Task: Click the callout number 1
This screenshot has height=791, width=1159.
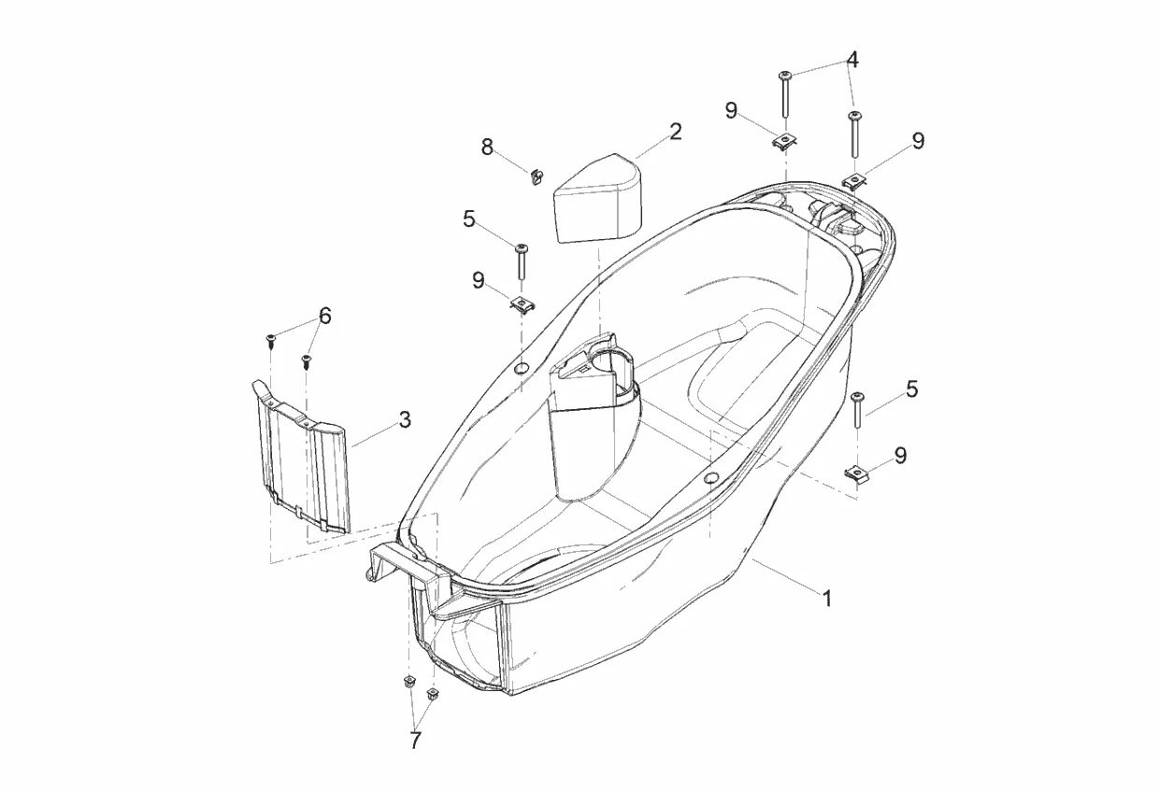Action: (x=827, y=599)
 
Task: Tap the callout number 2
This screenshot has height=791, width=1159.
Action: (x=675, y=132)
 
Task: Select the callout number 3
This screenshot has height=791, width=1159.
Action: (x=405, y=419)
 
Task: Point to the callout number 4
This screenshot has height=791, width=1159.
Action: (x=852, y=60)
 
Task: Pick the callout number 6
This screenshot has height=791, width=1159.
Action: (x=325, y=316)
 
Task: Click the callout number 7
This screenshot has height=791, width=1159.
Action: (x=416, y=740)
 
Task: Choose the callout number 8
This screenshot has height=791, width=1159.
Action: (x=487, y=148)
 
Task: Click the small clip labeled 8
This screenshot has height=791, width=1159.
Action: (x=537, y=177)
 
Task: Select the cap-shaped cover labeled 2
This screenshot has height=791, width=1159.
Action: (x=597, y=198)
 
